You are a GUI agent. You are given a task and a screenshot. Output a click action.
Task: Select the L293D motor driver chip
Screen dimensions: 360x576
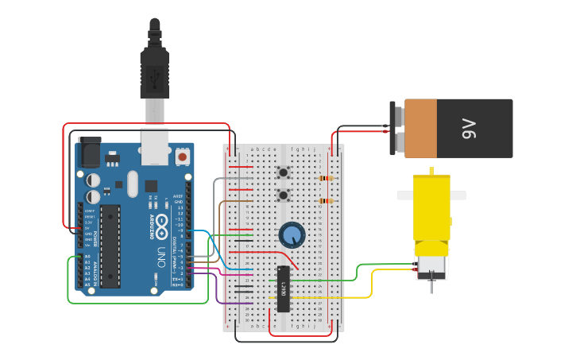282,289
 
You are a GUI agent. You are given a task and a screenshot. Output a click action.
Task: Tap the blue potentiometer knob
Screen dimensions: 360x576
292,234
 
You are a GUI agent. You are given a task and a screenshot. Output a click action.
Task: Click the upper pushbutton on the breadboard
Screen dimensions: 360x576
282,172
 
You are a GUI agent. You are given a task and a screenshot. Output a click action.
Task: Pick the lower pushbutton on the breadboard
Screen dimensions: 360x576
282,195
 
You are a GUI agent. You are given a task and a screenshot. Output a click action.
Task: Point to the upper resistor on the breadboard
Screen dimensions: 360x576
325,178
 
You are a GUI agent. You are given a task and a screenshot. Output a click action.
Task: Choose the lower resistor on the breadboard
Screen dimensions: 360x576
325,201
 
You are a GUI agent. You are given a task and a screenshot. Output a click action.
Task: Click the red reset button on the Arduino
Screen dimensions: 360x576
183,157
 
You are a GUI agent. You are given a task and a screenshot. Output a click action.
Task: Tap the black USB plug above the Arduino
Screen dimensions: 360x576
154,68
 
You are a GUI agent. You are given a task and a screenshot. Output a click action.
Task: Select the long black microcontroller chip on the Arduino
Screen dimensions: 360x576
110,246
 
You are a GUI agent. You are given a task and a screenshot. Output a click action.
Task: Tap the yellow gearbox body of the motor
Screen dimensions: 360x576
431,208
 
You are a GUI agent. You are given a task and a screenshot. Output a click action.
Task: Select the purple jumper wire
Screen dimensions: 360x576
218,290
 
